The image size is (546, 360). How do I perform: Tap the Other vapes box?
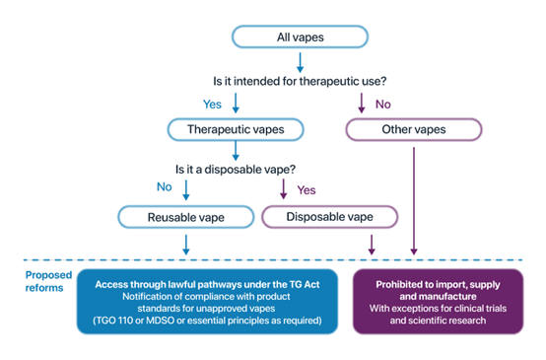(413, 130)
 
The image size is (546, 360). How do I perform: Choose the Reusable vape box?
(184, 215)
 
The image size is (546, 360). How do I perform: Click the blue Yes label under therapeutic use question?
(212, 103)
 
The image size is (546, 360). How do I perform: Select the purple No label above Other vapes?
(379, 103)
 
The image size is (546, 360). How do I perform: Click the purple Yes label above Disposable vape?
(306, 189)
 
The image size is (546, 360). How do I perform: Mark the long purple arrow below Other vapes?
(414, 197)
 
